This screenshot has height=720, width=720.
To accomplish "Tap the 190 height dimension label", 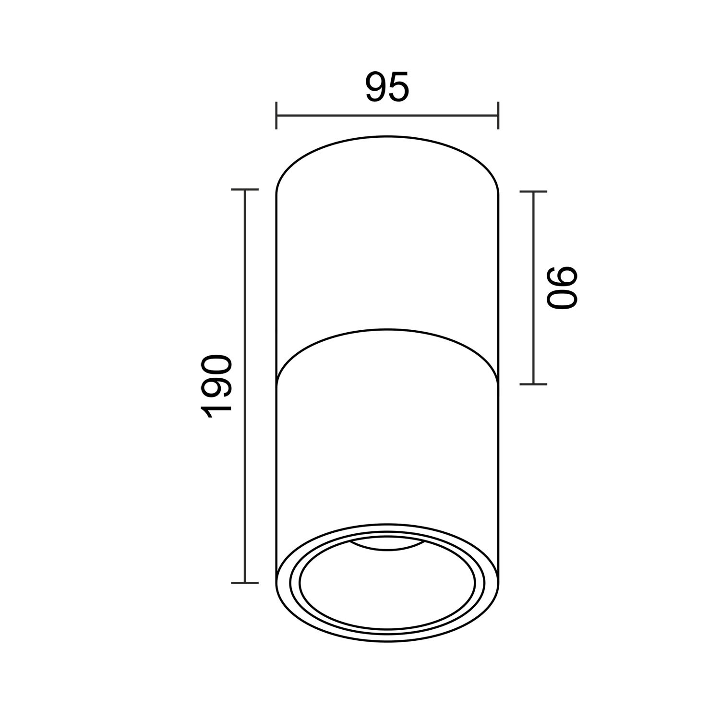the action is [x=216, y=387].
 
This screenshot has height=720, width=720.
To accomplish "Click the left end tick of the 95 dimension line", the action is [x=276, y=115].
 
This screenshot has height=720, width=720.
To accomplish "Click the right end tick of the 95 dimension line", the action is [x=498, y=115].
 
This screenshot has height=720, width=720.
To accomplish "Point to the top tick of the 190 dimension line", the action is [x=245, y=190].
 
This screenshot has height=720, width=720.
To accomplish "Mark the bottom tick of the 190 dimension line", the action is [x=245, y=583].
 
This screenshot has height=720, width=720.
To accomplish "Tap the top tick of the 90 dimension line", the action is [x=533, y=192].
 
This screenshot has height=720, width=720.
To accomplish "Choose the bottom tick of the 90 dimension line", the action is [x=533, y=384].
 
